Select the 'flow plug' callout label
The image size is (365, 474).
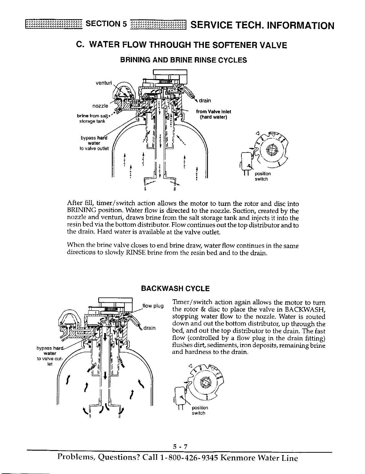(x=153, y=306)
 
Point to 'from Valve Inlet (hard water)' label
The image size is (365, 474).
(x=213, y=114)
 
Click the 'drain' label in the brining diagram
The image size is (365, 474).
(x=205, y=101)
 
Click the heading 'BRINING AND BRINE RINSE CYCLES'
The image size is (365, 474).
(x=183, y=60)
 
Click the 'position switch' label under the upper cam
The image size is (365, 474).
(x=262, y=176)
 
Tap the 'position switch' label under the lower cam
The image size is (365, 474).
(x=199, y=410)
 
